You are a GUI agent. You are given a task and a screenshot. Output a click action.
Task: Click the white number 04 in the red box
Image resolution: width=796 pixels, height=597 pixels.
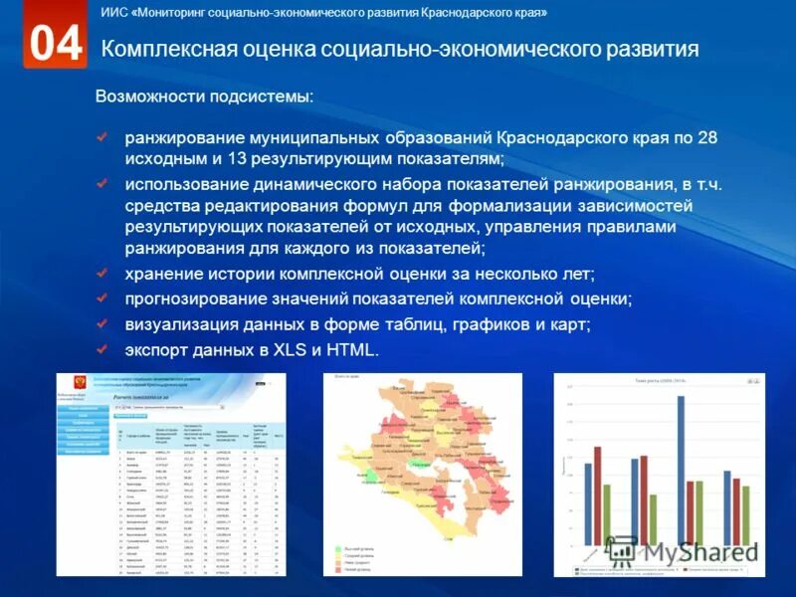coord(56,44)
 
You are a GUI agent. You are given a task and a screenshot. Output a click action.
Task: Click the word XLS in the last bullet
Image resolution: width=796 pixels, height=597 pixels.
coord(290,349)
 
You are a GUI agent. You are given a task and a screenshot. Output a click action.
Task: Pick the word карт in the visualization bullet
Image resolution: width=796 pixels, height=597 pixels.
coord(569,323)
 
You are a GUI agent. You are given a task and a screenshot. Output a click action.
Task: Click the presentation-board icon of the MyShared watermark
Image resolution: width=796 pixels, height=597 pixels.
coord(622,550)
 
